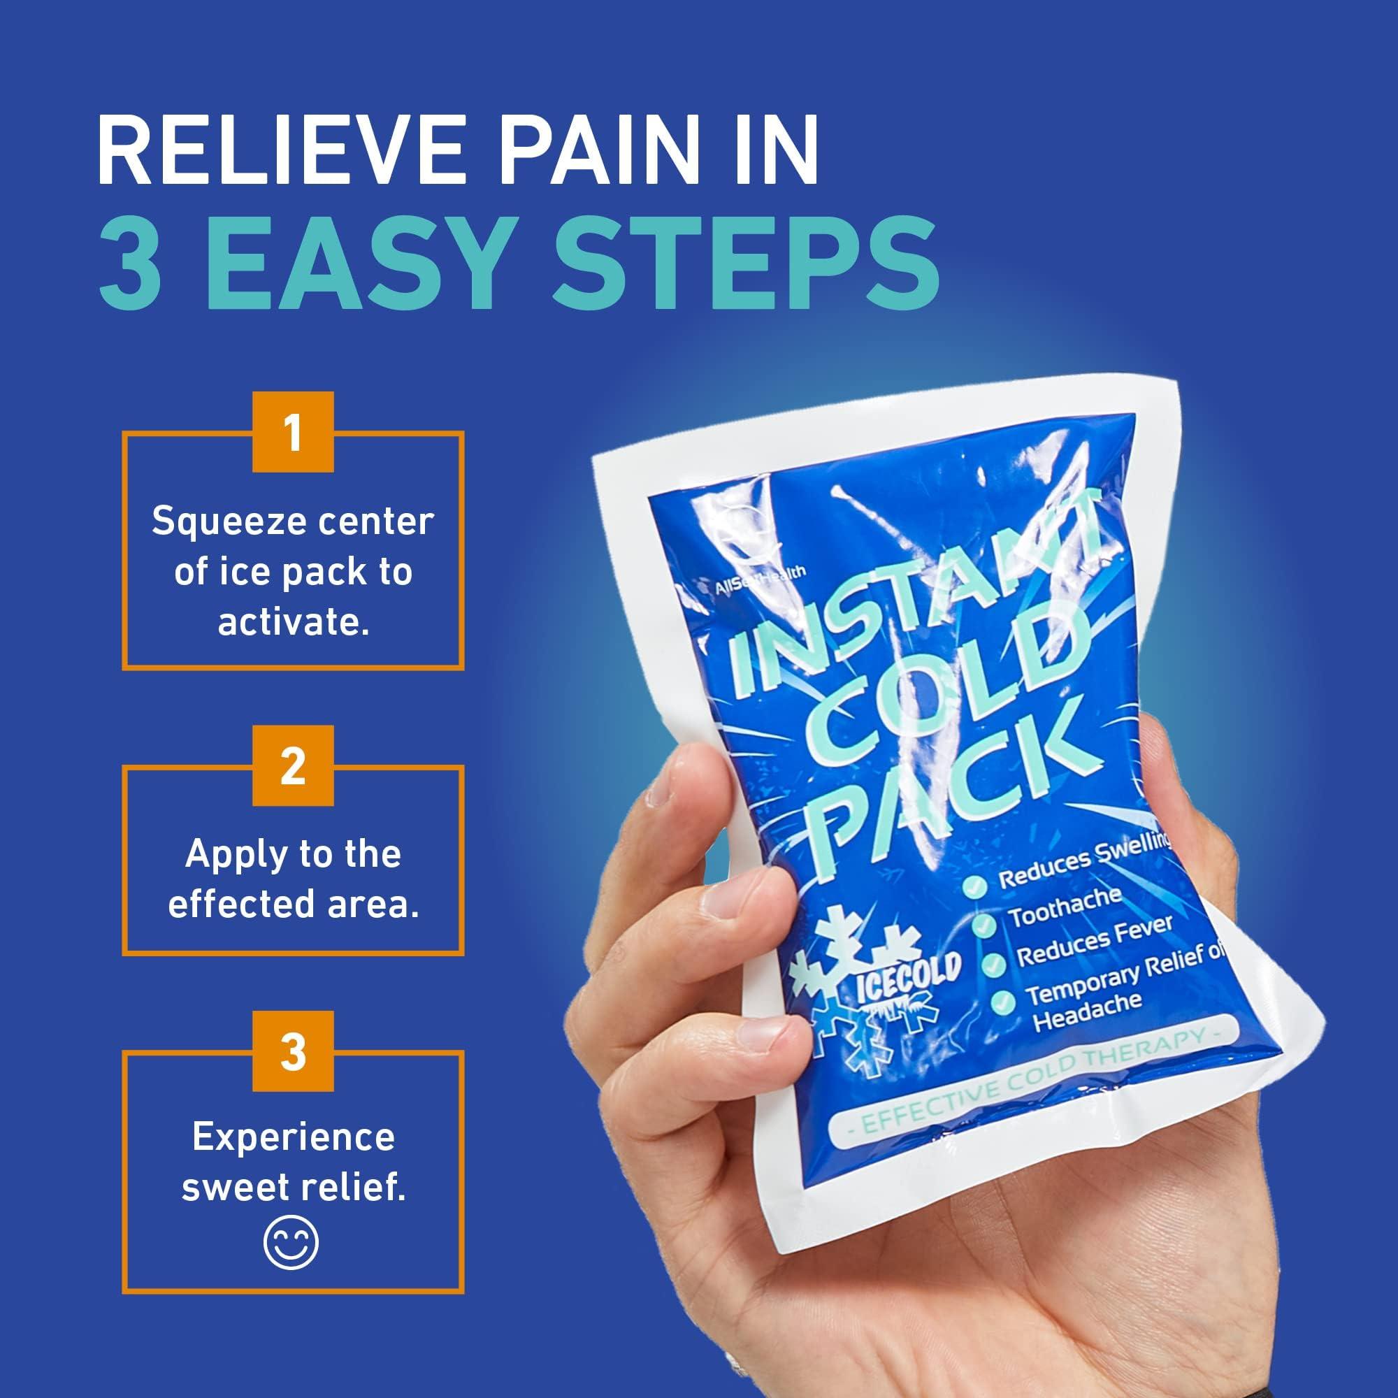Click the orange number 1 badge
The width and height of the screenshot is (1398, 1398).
(292, 433)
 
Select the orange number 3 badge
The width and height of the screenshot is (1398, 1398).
(292, 1051)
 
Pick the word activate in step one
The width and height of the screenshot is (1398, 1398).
(293, 622)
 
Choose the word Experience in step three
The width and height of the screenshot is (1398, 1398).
(293, 1137)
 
